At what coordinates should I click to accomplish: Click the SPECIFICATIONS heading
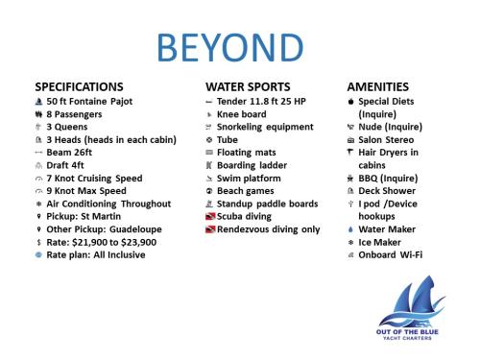pos(79,86)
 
